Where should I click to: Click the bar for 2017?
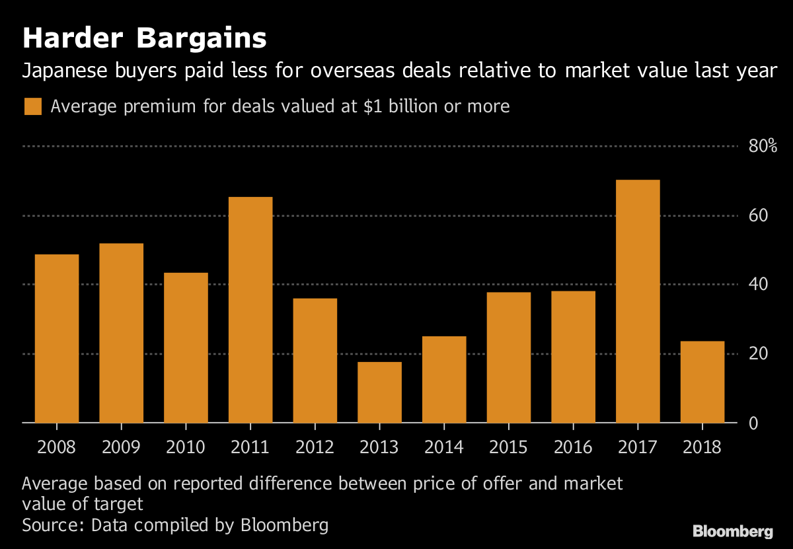[x=638, y=301]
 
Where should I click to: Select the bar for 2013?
[x=379, y=392]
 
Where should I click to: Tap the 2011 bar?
[x=250, y=310]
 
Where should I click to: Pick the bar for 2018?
[x=702, y=382]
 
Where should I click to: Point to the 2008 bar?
[x=57, y=338]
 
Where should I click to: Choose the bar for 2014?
[x=444, y=379]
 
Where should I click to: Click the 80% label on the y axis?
[x=763, y=147]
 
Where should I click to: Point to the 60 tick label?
[x=757, y=215]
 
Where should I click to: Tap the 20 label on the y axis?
[x=757, y=353]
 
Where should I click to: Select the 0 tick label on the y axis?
[x=753, y=423]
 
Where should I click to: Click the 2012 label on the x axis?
[x=315, y=447]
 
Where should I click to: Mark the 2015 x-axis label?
[x=509, y=447]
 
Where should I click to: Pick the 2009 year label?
[x=121, y=447]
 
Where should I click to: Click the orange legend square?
[x=32, y=107]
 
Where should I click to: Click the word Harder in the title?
[x=73, y=39]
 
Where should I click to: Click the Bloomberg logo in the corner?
[x=733, y=531]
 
